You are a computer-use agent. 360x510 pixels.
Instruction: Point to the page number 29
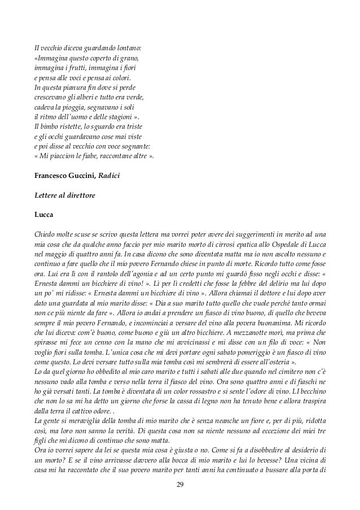[x=180, y=484]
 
